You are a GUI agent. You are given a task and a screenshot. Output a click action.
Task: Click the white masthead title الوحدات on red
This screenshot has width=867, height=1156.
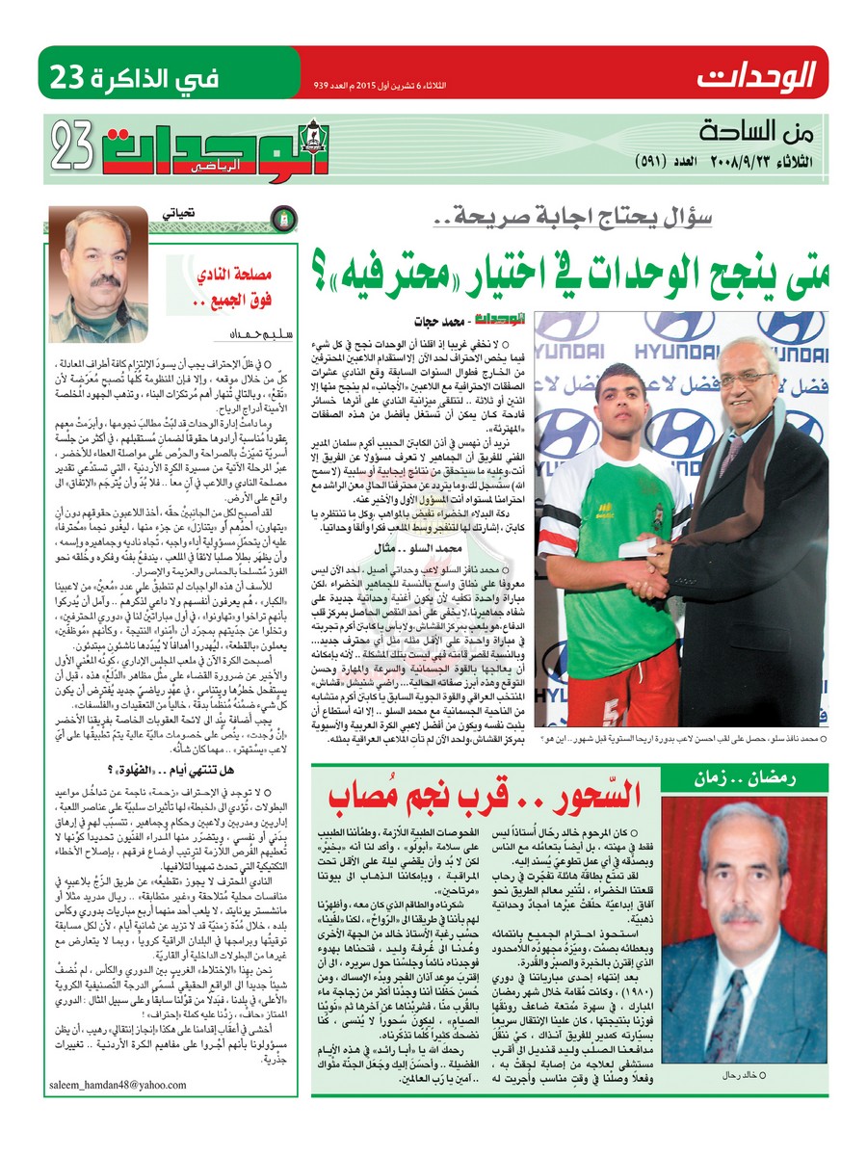pos(756,73)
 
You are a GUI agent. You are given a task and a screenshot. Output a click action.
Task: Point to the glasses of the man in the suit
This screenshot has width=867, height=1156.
pos(746,379)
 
